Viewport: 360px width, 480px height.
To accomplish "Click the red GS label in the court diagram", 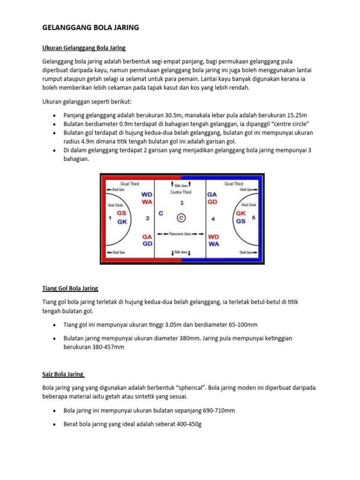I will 121,213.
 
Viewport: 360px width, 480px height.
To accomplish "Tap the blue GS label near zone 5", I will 241,221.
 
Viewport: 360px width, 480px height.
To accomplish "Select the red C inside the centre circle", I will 181,217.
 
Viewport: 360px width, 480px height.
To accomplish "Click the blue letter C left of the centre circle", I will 161,213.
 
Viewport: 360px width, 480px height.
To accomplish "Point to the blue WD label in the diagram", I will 147,194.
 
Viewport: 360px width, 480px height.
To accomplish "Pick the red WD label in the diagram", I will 213,237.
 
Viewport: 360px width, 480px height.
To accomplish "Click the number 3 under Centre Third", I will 181,203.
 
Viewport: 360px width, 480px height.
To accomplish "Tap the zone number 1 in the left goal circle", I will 109,218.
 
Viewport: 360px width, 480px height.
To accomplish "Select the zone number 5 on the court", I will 254,217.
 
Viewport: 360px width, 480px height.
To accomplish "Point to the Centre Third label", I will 180,192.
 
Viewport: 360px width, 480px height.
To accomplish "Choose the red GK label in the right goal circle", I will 241,213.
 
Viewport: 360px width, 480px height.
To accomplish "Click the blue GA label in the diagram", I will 212,194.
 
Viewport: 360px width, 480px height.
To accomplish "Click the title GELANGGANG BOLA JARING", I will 91,28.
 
